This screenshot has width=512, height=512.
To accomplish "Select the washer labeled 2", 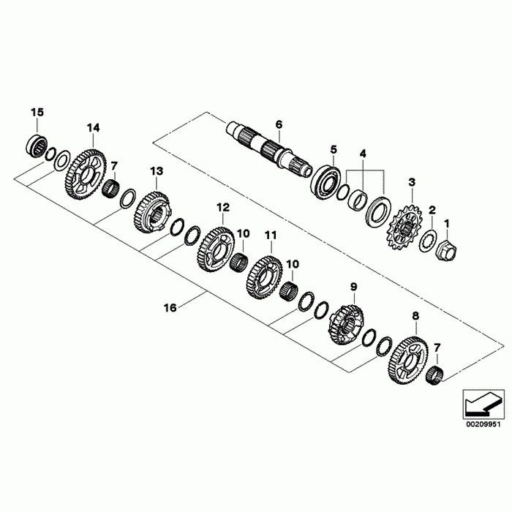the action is pos(427,240).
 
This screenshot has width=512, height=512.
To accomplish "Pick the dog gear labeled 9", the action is pos(346,325).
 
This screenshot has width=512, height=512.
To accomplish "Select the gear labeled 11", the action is pos(264,276).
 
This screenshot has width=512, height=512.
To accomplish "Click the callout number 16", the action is pos(170,309).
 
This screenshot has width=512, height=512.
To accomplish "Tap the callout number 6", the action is pos(278,124).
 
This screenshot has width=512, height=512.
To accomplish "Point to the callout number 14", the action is pos(93,128).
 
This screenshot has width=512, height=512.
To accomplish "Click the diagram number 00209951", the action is pos(483,422).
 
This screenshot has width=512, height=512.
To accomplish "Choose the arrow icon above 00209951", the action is pos(483,403).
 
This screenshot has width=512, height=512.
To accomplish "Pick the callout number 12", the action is pos(222,207).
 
